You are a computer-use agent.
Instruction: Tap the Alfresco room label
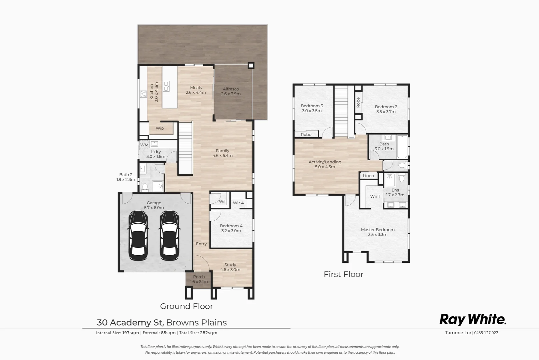click(231, 91)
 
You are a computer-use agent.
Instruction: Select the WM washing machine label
click(144, 145)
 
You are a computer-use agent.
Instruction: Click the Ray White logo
click(473, 319)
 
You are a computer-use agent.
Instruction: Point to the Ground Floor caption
click(186, 306)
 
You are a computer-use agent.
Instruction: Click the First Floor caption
click(343, 274)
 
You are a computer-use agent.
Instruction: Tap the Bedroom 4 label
click(231, 228)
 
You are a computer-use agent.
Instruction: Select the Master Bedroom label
click(378, 232)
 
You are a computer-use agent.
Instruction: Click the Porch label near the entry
click(199, 279)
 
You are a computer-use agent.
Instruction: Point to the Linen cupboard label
click(368, 176)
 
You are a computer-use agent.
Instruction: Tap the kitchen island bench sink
click(166, 86)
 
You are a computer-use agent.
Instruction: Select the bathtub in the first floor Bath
click(402, 147)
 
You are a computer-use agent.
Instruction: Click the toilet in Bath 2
click(145, 188)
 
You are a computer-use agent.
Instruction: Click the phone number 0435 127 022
click(486, 333)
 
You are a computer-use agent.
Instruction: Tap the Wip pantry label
click(160, 128)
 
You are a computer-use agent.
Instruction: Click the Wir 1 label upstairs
click(375, 196)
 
